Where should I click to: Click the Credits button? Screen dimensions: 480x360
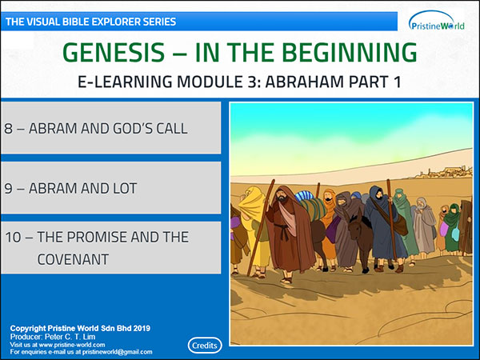click(205, 346)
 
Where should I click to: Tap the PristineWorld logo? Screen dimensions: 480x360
click(437, 22)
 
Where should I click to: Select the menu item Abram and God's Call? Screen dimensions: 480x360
click(111, 128)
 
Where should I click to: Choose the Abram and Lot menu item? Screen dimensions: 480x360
click(111, 188)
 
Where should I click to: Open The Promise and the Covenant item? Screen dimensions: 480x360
click(111, 248)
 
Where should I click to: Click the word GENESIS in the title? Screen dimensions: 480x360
click(114, 52)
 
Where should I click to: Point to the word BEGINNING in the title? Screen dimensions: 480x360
click(351, 52)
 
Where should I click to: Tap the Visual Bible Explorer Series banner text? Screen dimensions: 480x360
click(90, 22)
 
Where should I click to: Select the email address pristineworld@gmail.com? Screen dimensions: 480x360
click(118, 352)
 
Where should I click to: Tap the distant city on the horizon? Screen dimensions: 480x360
click(444, 172)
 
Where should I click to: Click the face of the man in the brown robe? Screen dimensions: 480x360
click(282, 196)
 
